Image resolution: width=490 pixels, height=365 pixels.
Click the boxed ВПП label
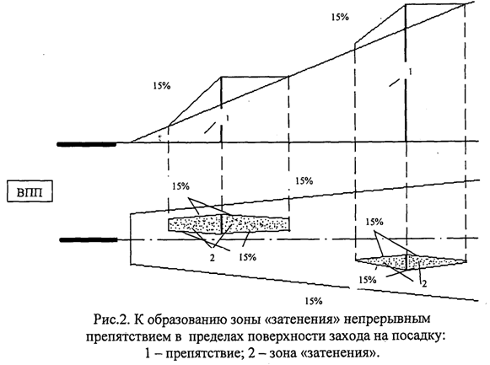point(30,191)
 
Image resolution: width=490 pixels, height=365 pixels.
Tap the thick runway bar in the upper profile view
point(87,144)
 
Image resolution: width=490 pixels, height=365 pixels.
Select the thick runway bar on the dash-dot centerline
point(89,239)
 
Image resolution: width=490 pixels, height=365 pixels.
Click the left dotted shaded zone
point(229,224)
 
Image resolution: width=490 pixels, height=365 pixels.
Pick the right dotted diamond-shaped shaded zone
point(410,261)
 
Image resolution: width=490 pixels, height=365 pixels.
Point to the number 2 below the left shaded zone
point(213,258)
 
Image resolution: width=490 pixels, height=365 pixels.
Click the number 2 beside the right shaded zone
point(424,284)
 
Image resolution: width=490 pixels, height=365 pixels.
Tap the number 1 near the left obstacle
point(228,118)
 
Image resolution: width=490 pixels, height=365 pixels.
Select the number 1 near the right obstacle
point(411,72)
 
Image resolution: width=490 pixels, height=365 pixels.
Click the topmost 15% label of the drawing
point(340,17)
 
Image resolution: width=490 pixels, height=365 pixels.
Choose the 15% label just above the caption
point(314,301)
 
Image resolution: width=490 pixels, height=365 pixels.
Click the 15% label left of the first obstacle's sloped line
point(162,85)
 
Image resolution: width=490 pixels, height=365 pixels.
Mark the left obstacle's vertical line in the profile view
point(221,110)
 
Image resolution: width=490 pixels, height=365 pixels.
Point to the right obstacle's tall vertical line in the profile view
point(406,72)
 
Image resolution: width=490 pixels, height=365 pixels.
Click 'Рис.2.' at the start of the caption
point(112,319)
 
